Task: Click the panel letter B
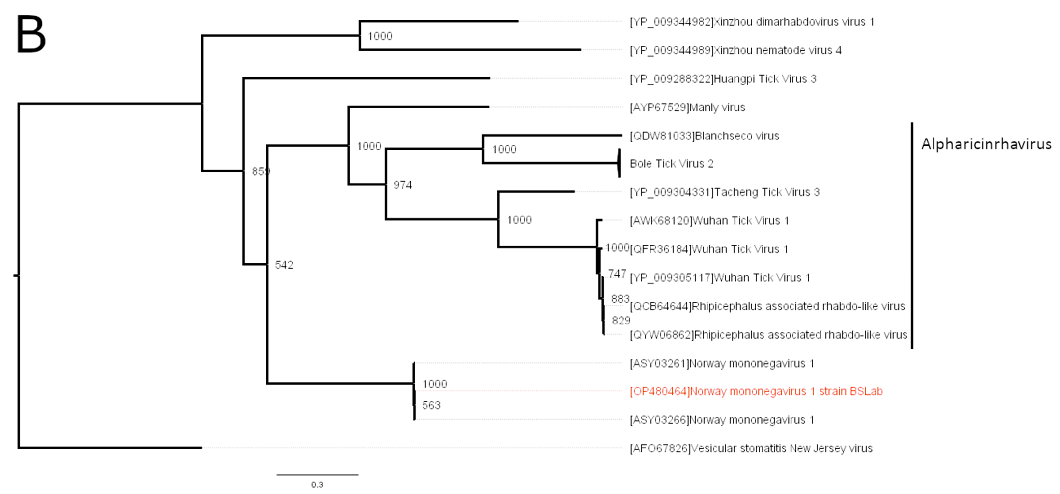pyautogui.click(x=31, y=35)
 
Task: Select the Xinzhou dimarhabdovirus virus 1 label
pyautogui.click(x=752, y=22)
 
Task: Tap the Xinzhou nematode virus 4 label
pyautogui.click(x=735, y=50)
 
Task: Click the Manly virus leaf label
pyautogui.click(x=687, y=108)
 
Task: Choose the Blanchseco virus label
pyautogui.click(x=704, y=136)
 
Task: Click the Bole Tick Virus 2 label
pyautogui.click(x=672, y=164)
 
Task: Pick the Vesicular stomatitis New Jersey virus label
pyautogui.click(x=751, y=448)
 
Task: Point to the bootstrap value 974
pyautogui.click(x=402, y=185)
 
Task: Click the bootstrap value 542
pyautogui.click(x=284, y=265)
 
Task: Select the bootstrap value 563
pyautogui.click(x=431, y=405)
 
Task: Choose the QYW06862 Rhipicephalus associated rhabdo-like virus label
pyautogui.click(x=768, y=335)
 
